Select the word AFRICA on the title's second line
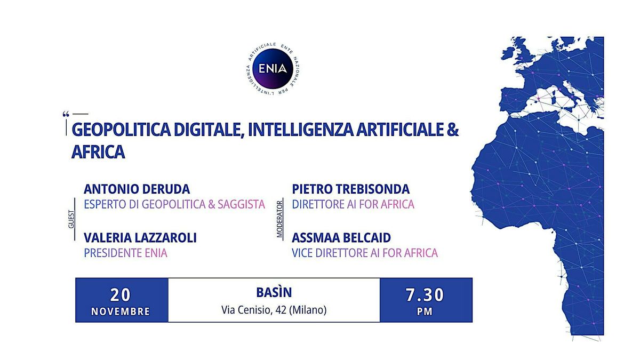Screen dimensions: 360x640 [98, 153]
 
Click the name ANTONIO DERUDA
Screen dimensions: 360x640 [137, 189]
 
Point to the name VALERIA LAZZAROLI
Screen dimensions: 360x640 [140, 238]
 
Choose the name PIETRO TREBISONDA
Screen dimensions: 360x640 [350, 189]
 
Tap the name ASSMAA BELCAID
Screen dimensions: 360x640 [341, 238]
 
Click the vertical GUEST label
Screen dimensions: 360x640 [71, 219]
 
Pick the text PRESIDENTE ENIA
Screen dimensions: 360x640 [125, 253]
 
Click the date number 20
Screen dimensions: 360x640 [121, 294]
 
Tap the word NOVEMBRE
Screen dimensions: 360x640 [121, 311]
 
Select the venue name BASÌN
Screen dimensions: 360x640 [274, 293]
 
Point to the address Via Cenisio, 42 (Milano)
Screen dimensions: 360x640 [274, 310]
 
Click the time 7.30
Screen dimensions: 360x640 [426, 294]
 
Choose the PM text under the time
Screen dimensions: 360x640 [426, 311]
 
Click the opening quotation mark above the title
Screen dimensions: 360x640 [66, 114]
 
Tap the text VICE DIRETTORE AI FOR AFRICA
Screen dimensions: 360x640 [365, 253]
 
